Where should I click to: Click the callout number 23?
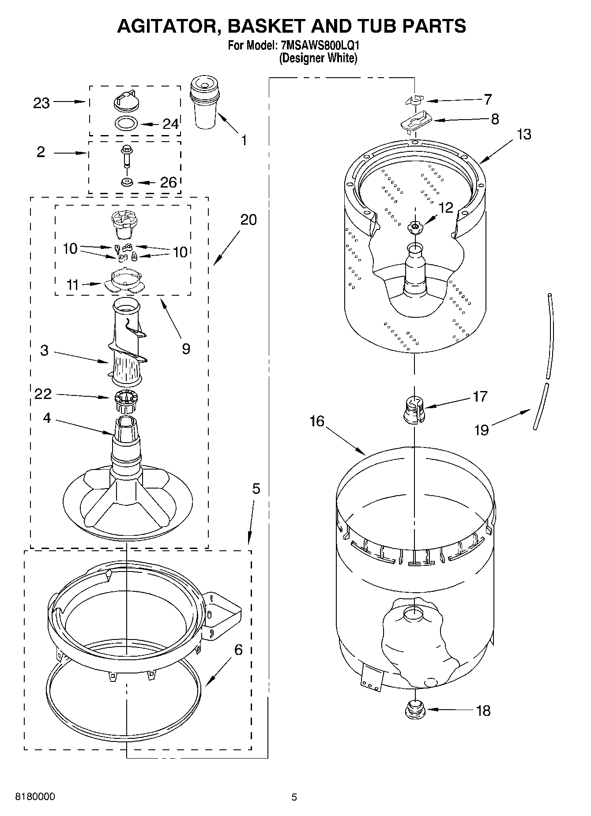[x=41, y=103]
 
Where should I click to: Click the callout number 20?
[x=248, y=219]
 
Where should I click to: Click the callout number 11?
[x=72, y=285]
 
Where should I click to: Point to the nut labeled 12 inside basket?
[x=414, y=226]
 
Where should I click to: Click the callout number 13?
[x=523, y=134]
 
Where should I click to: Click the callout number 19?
[x=482, y=429]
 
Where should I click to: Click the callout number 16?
[x=316, y=421]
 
